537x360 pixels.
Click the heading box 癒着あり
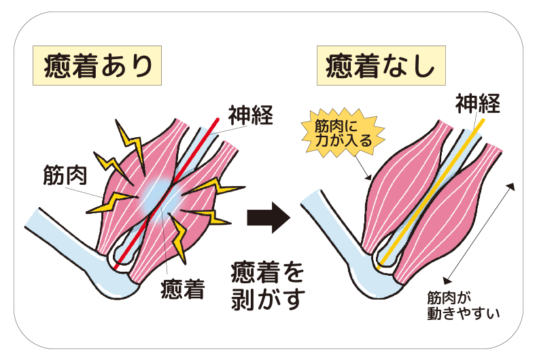(x=97, y=66)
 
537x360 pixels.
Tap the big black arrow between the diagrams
(x=267, y=217)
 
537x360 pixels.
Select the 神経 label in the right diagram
(x=478, y=103)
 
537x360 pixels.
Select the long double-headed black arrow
(x=479, y=231)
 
